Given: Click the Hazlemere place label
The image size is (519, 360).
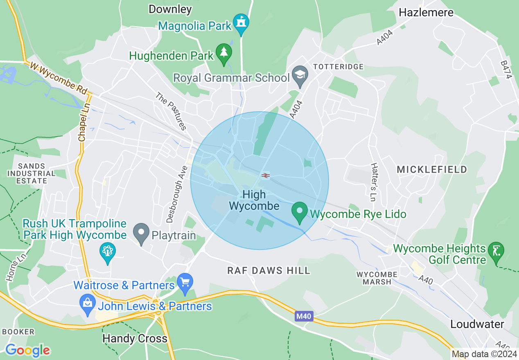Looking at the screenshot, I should (x=426, y=12).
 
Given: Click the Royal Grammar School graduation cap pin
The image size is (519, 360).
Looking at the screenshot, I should (x=300, y=76).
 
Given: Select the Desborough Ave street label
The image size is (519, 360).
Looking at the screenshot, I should (x=177, y=194).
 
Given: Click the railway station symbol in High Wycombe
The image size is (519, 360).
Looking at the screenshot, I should (x=265, y=175).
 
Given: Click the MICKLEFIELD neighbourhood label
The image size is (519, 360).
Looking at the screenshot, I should (x=432, y=169).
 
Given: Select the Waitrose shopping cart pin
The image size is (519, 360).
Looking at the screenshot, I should (x=185, y=283).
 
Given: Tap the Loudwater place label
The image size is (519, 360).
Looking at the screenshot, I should (x=477, y=324).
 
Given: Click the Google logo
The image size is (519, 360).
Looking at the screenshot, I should (x=27, y=350).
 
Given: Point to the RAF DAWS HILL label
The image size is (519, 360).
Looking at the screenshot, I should (x=269, y=270).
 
